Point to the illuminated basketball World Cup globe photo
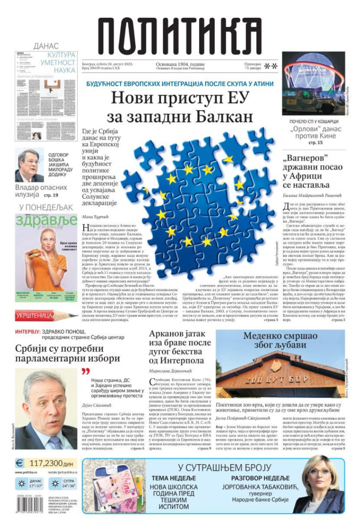click(x=314, y=83)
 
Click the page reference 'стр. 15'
click(x=315, y=142)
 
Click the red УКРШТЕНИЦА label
click(x=34, y=315)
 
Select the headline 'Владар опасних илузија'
click(x=41, y=191)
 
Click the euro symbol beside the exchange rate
click(x=19, y=463)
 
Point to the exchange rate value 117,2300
click(x=51, y=463)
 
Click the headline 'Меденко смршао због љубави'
click(x=280, y=340)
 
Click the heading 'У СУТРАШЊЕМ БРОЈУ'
click(x=224, y=467)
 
